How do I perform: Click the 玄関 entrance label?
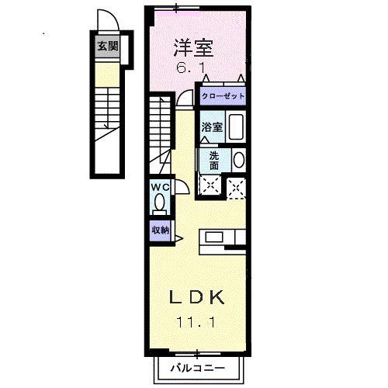pos(107,47)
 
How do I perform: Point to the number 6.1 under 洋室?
pos(193,68)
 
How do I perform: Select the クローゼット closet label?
pos(223,96)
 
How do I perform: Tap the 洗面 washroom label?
pos(214,159)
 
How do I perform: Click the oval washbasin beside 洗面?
pos(238,160)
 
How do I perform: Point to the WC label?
pos(160,187)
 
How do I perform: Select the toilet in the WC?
pos(160,203)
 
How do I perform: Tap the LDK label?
pos(197,297)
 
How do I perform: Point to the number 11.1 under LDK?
pos(197,320)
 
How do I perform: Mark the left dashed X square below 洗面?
pos(208,185)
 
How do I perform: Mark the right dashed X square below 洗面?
pos(236,185)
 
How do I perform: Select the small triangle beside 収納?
pos(179,238)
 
